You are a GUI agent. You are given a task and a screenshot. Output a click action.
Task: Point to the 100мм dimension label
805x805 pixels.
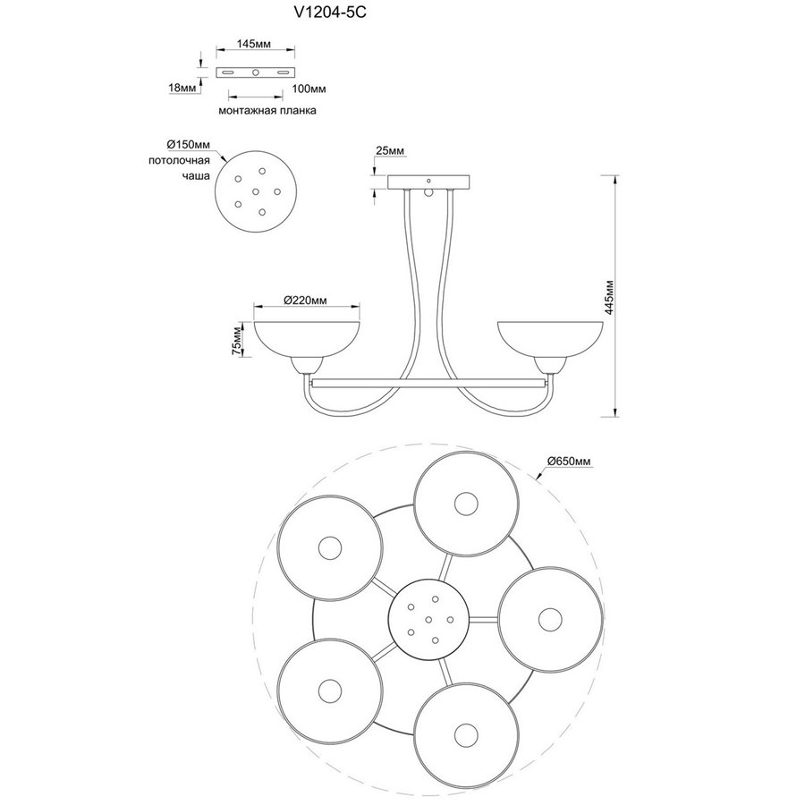click(x=309, y=89)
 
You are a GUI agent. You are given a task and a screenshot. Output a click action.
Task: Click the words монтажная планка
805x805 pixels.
click(x=267, y=111)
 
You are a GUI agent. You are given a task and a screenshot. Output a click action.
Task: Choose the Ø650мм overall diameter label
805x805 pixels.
click(x=570, y=461)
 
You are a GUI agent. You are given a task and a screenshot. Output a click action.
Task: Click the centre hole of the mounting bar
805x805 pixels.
click(x=256, y=72)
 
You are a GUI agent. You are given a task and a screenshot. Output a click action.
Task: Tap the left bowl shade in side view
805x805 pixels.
click(x=307, y=335)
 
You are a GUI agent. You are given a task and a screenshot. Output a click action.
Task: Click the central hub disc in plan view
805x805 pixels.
click(x=428, y=617)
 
